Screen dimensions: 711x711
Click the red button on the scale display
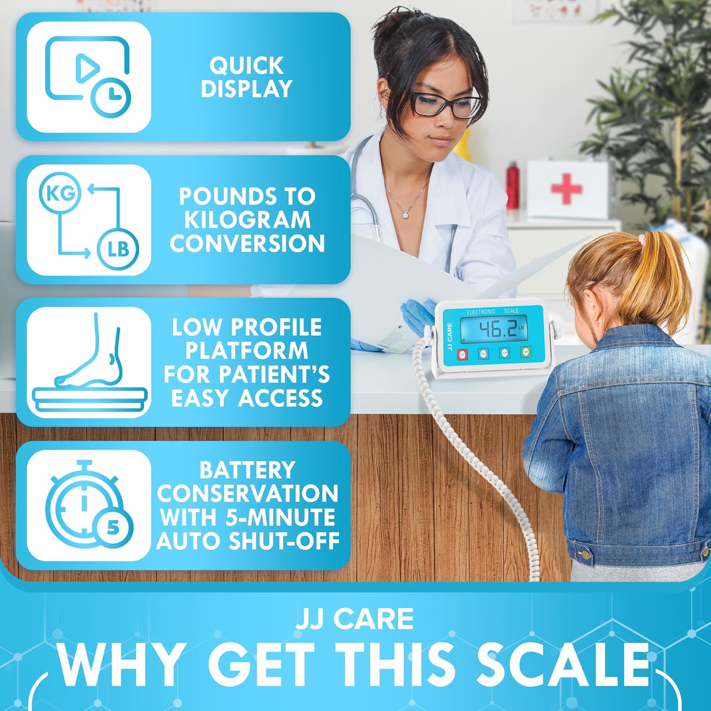463,354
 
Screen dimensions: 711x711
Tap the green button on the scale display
525,352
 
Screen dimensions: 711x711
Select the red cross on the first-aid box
566,189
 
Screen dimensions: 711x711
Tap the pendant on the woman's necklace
406,214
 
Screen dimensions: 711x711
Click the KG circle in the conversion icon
60,193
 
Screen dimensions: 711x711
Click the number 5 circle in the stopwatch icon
113,527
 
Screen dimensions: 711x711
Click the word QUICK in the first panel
246,66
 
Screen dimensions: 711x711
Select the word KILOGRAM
247,219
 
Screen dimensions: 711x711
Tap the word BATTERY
247,470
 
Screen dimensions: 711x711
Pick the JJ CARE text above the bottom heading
355,619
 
